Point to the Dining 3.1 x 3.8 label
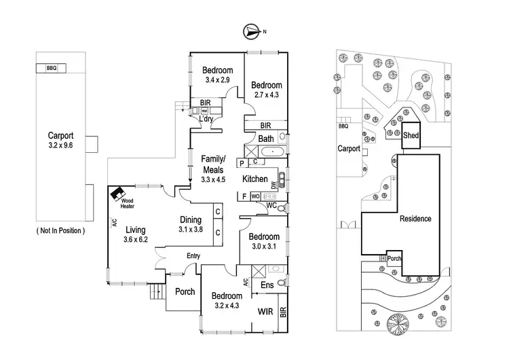[191, 224]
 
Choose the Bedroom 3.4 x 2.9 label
[217, 75]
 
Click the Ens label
[268, 286]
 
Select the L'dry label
[205, 120]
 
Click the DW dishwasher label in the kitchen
[274, 184]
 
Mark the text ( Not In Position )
[61, 231]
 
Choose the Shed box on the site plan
[411, 135]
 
